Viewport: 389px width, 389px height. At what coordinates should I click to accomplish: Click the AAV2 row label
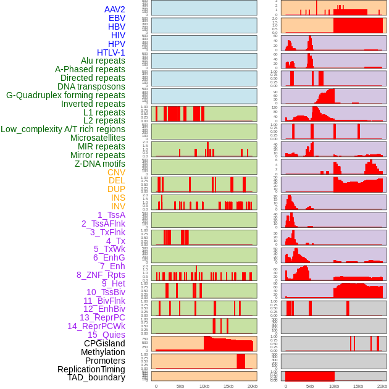click(115, 9)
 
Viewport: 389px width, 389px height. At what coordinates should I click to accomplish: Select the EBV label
click(117, 18)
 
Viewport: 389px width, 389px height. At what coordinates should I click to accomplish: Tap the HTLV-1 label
click(111, 52)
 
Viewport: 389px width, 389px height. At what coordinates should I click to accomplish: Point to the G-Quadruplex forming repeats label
click(65, 95)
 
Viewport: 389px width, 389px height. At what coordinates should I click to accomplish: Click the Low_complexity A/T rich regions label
click(63, 129)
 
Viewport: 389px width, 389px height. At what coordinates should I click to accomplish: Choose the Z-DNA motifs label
click(100, 164)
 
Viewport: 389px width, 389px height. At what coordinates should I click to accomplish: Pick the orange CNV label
click(116, 172)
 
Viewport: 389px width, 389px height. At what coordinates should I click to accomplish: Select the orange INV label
click(118, 206)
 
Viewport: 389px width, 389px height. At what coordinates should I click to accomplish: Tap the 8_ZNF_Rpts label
click(101, 275)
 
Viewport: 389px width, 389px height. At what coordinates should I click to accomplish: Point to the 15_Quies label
click(106, 335)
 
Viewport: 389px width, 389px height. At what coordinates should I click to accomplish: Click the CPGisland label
click(104, 343)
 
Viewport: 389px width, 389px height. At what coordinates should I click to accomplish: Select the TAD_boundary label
click(96, 377)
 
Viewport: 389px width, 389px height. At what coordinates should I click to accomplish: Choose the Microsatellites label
click(98, 138)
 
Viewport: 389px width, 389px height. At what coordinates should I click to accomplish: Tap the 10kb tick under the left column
click(204, 386)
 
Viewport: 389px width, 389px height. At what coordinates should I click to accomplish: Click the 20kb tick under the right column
click(382, 386)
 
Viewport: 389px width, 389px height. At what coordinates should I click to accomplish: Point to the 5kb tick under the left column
click(180, 386)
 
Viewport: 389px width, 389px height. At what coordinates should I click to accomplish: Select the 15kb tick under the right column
click(358, 386)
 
